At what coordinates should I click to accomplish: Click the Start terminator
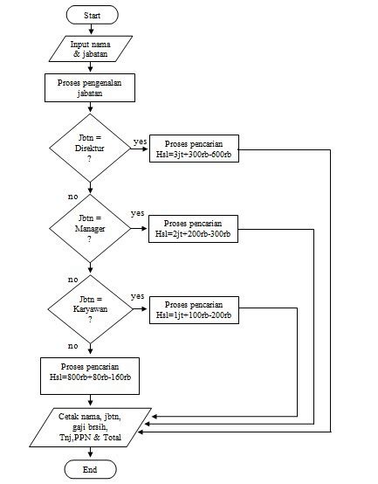(93, 15)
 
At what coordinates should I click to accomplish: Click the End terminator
(90, 469)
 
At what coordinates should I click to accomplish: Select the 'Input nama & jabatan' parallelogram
(91, 49)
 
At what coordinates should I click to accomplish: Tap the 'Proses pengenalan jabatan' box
(90, 87)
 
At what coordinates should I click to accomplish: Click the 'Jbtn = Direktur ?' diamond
(90, 148)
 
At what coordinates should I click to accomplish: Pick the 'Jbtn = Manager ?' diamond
(90, 228)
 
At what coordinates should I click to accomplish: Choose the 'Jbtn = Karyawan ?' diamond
(90, 309)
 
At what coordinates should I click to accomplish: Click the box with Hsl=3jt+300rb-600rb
(194, 149)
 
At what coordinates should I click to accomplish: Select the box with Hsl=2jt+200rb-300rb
(193, 229)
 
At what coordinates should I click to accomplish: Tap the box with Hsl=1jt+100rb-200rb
(194, 310)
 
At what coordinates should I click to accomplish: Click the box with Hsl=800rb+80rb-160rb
(90, 376)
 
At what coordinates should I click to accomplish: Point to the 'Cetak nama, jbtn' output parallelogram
(90, 427)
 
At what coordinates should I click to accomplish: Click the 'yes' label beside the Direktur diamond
(140, 142)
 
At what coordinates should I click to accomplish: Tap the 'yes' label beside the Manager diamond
(138, 213)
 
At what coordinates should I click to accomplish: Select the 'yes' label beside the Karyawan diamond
(138, 296)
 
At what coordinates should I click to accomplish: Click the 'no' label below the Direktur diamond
(73, 197)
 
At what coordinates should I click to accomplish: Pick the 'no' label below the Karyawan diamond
(73, 346)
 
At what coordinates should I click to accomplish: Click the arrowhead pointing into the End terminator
(90, 454)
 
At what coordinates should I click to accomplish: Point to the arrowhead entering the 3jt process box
(145, 149)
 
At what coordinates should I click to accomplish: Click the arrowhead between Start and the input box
(91, 31)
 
